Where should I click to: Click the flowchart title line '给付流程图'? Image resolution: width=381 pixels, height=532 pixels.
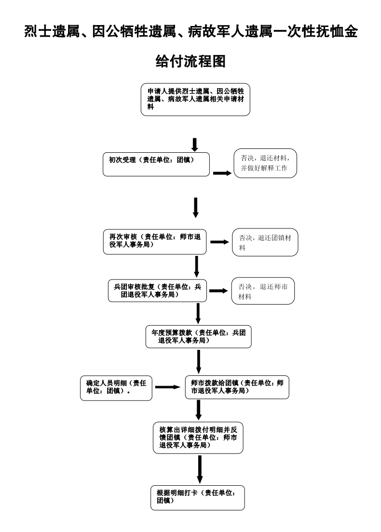pyautogui.click(x=190, y=61)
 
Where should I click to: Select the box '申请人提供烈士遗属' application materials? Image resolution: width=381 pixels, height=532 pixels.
pyautogui.click(x=195, y=100)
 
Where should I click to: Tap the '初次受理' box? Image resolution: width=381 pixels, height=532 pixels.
pyautogui.click(x=156, y=164)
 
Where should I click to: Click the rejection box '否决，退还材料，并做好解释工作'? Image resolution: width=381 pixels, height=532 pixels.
pyautogui.click(x=265, y=163)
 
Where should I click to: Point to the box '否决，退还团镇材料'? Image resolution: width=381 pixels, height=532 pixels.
pyautogui.click(x=265, y=242)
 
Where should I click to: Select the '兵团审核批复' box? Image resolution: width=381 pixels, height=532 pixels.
pyautogui.click(x=157, y=291)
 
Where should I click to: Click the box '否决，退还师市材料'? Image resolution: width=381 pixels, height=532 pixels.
pyautogui.click(x=263, y=291)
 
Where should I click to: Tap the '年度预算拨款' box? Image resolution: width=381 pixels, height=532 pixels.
pyautogui.click(x=199, y=336)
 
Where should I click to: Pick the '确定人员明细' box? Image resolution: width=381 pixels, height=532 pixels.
pyautogui.click(x=116, y=387)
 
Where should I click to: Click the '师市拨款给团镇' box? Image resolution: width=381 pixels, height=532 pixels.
pyautogui.click(x=237, y=387)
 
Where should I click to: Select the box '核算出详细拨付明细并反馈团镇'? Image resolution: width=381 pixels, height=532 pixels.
pyautogui.click(x=198, y=438)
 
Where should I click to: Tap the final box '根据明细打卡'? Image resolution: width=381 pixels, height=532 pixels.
pyautogui.click(x=197, y=497)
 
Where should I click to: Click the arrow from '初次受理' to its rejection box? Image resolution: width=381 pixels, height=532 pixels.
pyautogui.click(x=222, y=173)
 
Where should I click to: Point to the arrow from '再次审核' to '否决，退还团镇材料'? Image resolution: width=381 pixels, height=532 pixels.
pyautogui.click(x=219, y=242)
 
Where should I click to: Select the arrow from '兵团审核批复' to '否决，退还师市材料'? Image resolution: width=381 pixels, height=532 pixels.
pyautogui.click(x=218, y=291)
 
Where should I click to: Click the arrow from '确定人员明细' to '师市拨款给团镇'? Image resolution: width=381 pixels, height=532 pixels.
pyautogui.click(x=168, y=387)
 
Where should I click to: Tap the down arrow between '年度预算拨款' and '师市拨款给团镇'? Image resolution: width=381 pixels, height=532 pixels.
pyautogui.click(x=199, y=361)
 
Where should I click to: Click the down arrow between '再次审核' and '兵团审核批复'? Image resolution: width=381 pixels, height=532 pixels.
pyautogui.click(x=197, y=267)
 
